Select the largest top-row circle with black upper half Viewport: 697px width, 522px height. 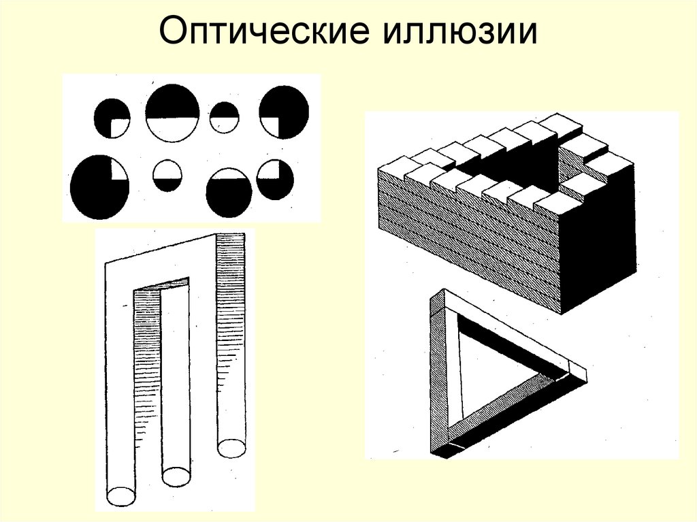172,112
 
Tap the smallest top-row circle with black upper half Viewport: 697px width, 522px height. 224,117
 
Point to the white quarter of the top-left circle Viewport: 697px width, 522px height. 121,127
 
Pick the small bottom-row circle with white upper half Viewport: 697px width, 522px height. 167,175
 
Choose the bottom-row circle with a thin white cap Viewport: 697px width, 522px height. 229,188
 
